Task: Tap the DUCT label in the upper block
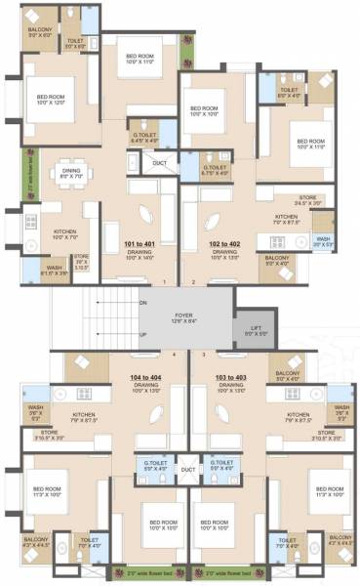click(161, 163)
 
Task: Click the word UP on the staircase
click(143, 335)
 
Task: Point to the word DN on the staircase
click(143, 303)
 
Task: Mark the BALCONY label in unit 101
click(40, 31)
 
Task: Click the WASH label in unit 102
click(323, 240)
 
